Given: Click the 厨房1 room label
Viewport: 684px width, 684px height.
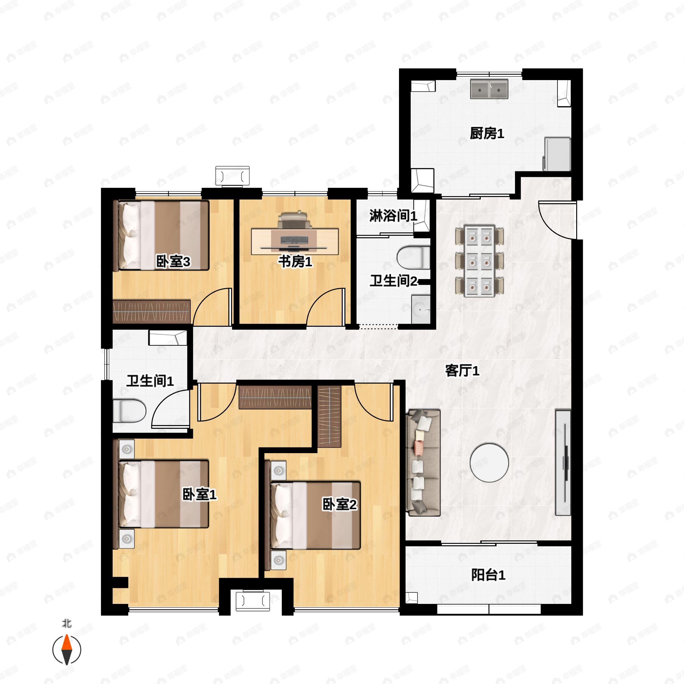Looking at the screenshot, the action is pos(486,133).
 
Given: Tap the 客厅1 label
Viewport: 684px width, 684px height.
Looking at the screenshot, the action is pos(462,371).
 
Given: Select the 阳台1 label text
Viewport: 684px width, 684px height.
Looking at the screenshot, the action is pos(488,575).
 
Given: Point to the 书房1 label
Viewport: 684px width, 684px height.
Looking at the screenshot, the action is pos(295,262).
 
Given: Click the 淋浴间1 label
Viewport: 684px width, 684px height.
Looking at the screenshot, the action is pos(393,216).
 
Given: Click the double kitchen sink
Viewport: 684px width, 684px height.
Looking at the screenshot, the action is pos(489,89).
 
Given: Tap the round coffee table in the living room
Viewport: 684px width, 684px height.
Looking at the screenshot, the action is pos(489,463).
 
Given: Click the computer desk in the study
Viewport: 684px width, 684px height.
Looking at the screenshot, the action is pos(295,241).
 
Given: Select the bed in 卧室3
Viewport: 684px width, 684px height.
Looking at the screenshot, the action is pos(161,236).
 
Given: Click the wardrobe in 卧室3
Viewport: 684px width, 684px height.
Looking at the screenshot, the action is pos(152,312).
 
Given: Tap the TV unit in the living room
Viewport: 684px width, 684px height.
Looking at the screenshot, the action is pos(563,462).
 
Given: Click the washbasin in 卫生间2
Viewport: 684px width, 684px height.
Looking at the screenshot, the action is pos(421,309).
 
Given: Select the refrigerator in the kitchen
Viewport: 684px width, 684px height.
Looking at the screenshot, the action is pos(557,154).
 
